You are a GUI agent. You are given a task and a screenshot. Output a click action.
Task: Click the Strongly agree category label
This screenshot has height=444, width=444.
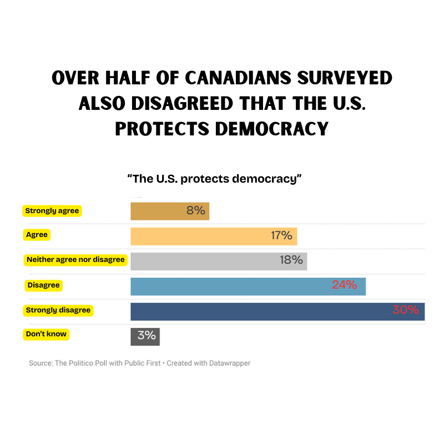click(52, 211)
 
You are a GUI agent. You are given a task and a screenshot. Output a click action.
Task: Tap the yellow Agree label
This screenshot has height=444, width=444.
click(37, 235)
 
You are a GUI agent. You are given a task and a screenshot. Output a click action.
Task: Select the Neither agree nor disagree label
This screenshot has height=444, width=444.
click(75, 259)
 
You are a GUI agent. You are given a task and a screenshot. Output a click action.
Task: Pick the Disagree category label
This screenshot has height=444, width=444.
click(43, 285)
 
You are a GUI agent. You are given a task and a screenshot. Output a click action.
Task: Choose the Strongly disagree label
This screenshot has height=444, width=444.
click(58, 310)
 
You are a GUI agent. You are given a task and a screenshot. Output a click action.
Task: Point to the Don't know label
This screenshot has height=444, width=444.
click(47, 335)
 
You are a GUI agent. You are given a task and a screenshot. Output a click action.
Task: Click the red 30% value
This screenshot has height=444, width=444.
click(405, 310)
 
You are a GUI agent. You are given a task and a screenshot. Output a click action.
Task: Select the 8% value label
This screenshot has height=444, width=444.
click(196, 211)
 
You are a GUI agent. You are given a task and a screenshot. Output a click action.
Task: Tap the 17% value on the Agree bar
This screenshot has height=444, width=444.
click(281, 235)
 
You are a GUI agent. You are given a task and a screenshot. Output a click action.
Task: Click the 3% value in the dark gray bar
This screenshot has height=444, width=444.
click(147, 336)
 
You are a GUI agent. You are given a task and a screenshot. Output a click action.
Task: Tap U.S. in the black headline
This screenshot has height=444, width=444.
click(342, 103)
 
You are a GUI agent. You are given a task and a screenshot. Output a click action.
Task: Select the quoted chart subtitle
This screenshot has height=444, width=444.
click(214, 179)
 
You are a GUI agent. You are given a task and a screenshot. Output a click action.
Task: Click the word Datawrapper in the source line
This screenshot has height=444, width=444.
click(228, 363)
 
